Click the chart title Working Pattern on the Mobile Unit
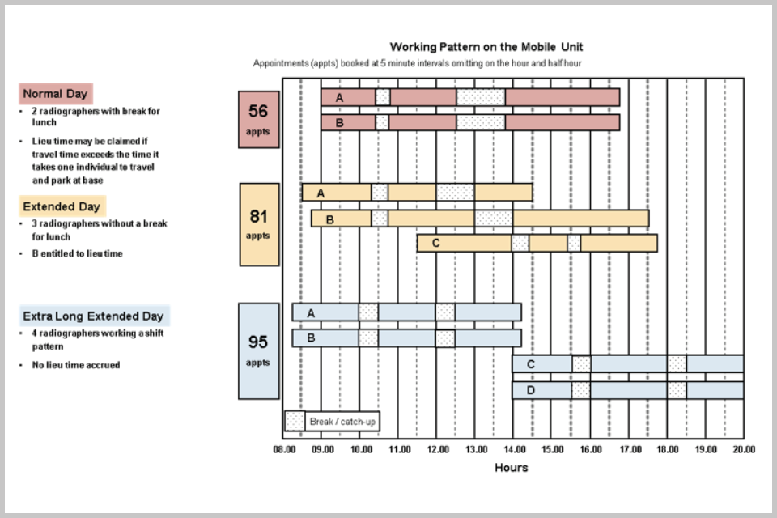(x=486, y=47)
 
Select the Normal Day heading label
(x=55, y=94)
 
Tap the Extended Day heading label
(x=62, y=206)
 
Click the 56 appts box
(x=258, y=119)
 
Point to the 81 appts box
(x=258, y=224)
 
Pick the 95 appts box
(x=258, y=350)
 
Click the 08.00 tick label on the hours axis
(x=283, y=448)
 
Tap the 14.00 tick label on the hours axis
(x=513, y=448)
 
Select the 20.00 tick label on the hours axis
(x=743, y=448)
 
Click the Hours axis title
(x=511, y=468)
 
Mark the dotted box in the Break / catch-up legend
(x=295, y=422)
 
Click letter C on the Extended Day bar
(x=435, y=243)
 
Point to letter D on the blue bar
(x=530, y=390)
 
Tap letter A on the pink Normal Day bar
(x=339, y=97)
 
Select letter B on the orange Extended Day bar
(x=329, y=219)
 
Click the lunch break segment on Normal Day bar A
(x=481, y=97)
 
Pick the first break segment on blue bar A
(x=368, y=312)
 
